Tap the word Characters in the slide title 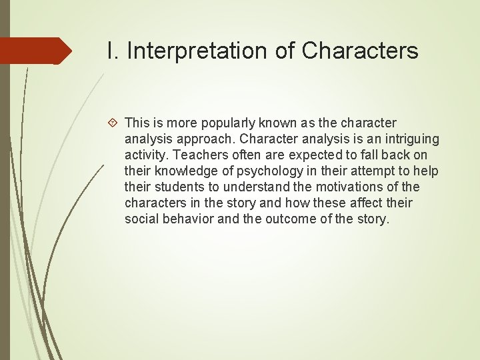click(360, 50)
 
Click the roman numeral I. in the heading click(113, 50)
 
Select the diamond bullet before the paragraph click(113, 123)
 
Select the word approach click(205, 139)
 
